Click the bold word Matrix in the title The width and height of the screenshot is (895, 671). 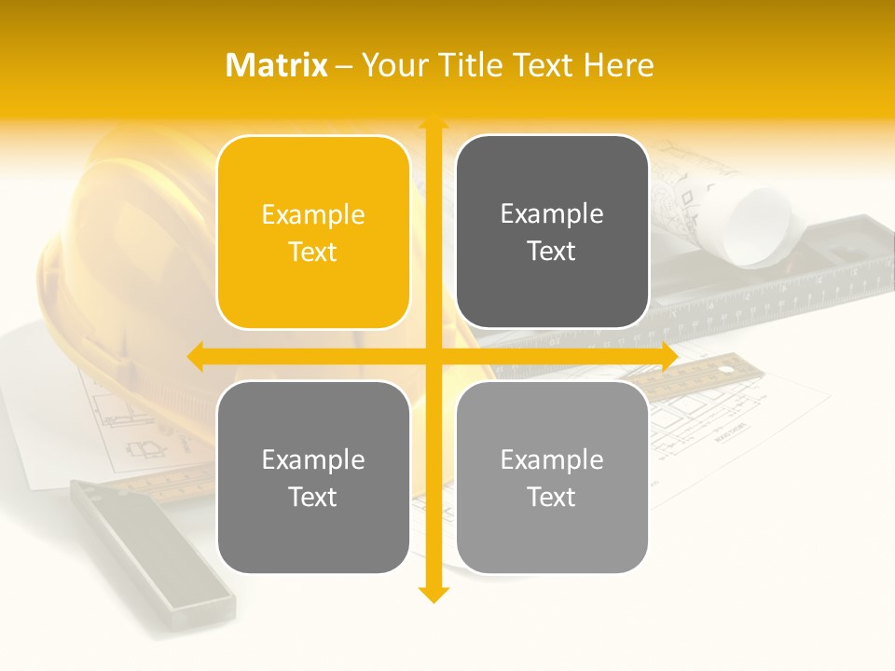277,65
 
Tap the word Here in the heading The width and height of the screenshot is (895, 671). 619,65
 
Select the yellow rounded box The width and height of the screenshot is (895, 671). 313,232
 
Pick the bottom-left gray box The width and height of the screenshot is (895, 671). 313,477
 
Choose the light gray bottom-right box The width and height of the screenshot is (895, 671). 552,477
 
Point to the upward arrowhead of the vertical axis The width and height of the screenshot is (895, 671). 433,123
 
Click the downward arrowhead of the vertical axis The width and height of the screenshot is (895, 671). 433,594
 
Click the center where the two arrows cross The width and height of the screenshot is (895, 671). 433,356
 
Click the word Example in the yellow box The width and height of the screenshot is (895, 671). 313,214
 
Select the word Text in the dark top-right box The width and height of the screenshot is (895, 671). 552,251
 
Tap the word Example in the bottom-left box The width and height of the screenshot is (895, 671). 313,459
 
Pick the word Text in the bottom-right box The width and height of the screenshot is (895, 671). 552,497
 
